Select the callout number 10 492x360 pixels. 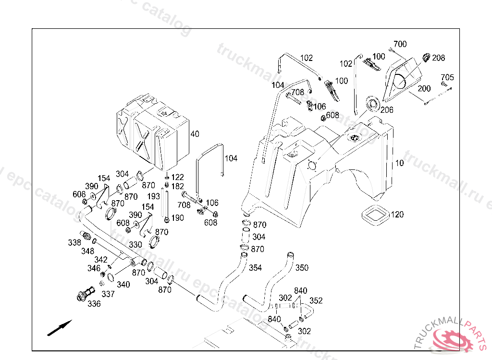click(x=400, y=163)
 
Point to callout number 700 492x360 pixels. click(x=400, y=44)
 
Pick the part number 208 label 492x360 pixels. click(x=438, y=58)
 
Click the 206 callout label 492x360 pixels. click(x=387, y=110)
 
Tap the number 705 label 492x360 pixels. click(x=447, y=77)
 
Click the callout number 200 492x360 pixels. click(x=424, y=89)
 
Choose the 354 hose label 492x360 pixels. click(x=255, y=268)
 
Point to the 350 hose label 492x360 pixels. click(x=302, y=268)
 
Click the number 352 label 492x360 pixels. click(x=316, y=301)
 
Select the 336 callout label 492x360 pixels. click(x=94, y=304)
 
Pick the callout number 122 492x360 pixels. click(x=178, y=177)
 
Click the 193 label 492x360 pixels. click(x=153, y=197)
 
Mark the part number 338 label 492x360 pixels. click(x=74, y=243)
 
